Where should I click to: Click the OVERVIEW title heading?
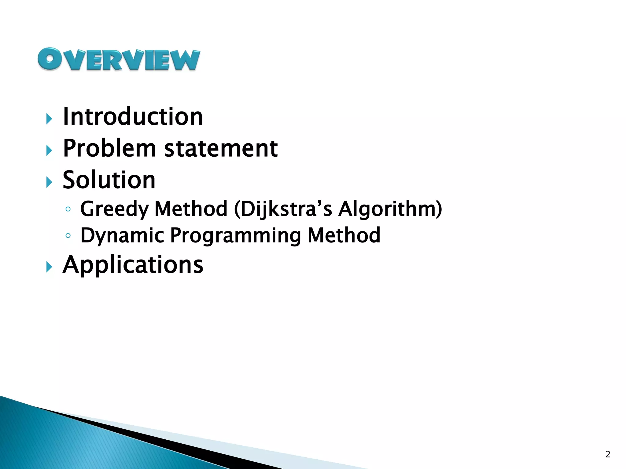pyautogui.click(x=119, y=59)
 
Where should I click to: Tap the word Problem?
pyautogui.click(x=109, y=148)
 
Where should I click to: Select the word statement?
pyautogui.click(x=221, y=148)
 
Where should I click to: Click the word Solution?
pyautogui.click(x=109, y=180)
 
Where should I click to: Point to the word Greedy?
pyautogui.click(x=114, y=209)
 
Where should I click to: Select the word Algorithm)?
pyautogui.click(x=390, y=209)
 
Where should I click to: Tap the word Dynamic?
pyautogui.click(x=122, y=236)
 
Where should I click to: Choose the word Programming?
pyautogui.click(x=235, y=236)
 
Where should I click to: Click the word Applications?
pyautogui.click(x=133, y=264)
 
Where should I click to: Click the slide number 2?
pyautogui.click(x=608, y=454)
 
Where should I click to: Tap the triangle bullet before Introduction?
pyautogui.click(x=49, y=119)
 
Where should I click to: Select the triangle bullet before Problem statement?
pyautogui.click(x=49, y=151)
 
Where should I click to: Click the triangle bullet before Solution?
pyautogui.click(x=49, y=182)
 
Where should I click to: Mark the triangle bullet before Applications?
pyautogui.click(x=49, y=267)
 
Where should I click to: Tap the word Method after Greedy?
pyautogui.click(x=191, y=209)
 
